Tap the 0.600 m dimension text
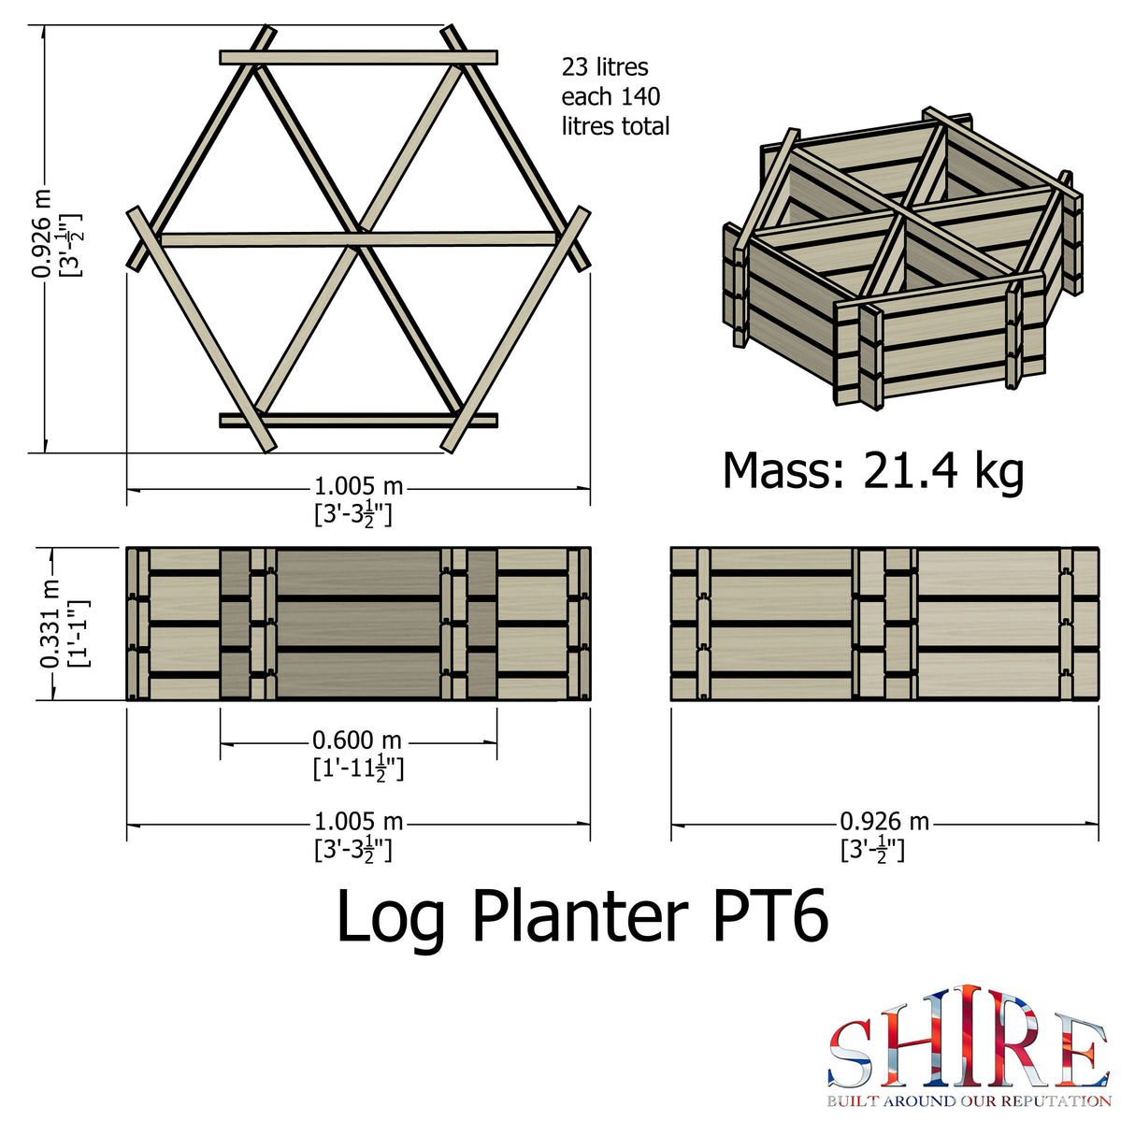(357, 740)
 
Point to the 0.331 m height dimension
(50, 623)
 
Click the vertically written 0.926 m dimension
(42, 234)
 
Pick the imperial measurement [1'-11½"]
(358, 769)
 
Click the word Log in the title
(391, 915)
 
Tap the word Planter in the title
(580, 915)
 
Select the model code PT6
(770, 915)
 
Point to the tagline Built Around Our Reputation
(969, 1101)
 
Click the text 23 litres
(605, 67)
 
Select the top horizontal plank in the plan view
(358, 58)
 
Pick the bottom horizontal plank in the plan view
(358, 420)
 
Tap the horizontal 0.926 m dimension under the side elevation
(884, 822)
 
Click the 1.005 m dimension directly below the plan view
(358, 486)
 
